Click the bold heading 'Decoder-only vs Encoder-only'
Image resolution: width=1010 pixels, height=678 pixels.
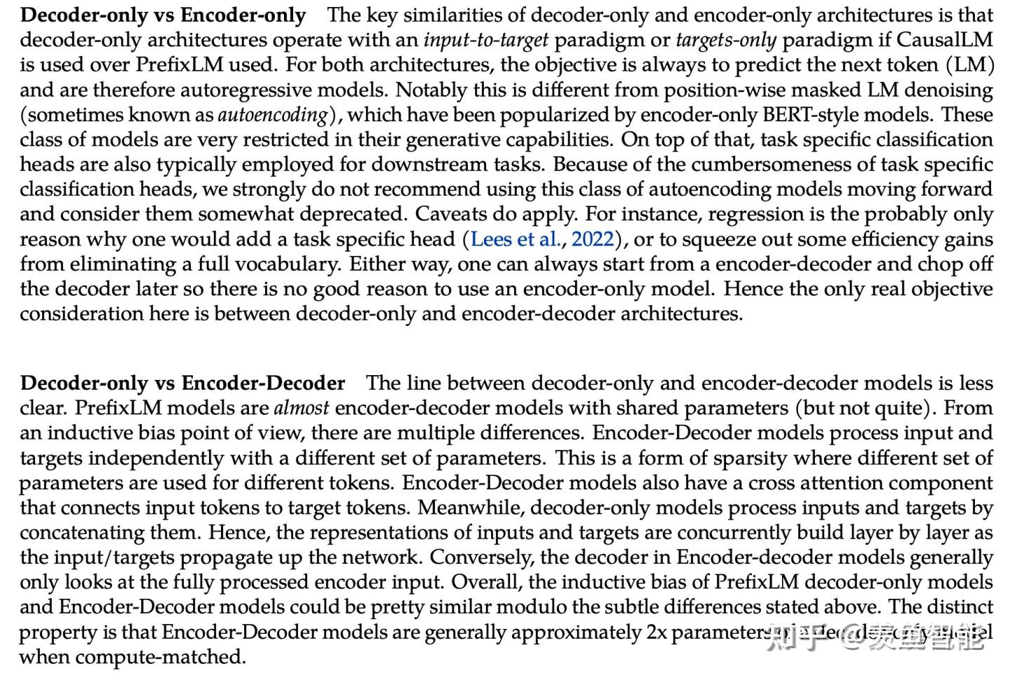coord(163,15)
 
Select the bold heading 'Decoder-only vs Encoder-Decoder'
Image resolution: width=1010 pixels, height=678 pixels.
coord(182,383)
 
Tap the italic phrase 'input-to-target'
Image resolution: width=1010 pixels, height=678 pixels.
coord(486,40)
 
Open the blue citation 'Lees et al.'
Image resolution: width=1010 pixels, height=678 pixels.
coord(516,239)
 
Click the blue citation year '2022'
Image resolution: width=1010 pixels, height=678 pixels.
coord(593,239)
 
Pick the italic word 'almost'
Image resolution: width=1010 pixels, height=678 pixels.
coord(301,408)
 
